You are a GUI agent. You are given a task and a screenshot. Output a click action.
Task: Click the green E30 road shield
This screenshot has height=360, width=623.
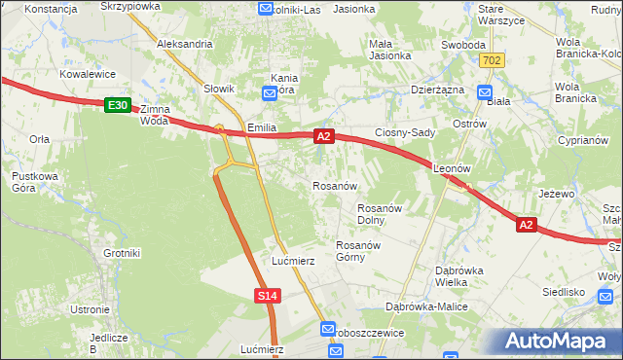tap(117, 104)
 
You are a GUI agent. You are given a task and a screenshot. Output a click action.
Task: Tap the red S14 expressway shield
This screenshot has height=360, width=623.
tap(270, 295)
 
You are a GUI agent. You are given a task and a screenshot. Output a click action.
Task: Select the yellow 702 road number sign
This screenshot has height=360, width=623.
tap(492, 60)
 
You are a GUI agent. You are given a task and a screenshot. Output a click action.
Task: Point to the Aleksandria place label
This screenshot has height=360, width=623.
tap(184, 44)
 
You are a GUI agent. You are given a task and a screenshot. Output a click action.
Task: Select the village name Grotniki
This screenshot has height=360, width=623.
tap(122, 253)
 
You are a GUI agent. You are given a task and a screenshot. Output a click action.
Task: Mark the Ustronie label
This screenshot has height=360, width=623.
tap(90, 309)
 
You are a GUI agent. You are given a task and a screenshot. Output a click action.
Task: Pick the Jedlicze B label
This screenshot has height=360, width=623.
tap(108, 342)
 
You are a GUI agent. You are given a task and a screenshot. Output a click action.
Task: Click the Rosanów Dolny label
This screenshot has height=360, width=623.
tap(380, 213)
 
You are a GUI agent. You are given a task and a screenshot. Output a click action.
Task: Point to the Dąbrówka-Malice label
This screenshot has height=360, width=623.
tap(426, 306)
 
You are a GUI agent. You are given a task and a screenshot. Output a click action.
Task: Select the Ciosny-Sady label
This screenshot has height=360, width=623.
tap(404, 132)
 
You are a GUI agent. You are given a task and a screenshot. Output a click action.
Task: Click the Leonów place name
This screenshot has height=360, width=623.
tap(452, 167)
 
